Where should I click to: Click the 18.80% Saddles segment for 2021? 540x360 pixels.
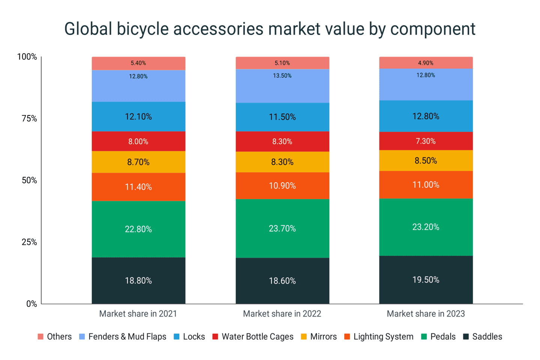click(138, 280)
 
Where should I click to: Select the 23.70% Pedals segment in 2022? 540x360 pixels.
click(282, 228)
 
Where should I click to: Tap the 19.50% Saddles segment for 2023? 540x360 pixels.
click(426, 280)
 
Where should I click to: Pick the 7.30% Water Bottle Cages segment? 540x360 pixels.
click(426, 141)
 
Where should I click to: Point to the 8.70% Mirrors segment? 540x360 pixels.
click(138, 162)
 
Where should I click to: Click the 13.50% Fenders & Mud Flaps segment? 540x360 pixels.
click(282, 86)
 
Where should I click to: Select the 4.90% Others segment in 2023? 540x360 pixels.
click(426, 63)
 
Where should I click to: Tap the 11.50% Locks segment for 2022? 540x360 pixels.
click(282, 117)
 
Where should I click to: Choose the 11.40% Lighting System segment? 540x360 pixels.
click(138, 187)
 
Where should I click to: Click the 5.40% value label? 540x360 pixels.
click(138, 63)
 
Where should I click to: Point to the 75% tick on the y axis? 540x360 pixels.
click(29, 118)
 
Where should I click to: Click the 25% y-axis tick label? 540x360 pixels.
click(29, 242)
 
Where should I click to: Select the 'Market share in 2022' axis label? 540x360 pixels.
click(282, 314)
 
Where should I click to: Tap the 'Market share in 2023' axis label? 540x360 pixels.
click(426, 314)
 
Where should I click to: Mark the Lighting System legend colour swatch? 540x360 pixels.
click(347, 337)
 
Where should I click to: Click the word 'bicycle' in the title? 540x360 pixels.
click(142, 29)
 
